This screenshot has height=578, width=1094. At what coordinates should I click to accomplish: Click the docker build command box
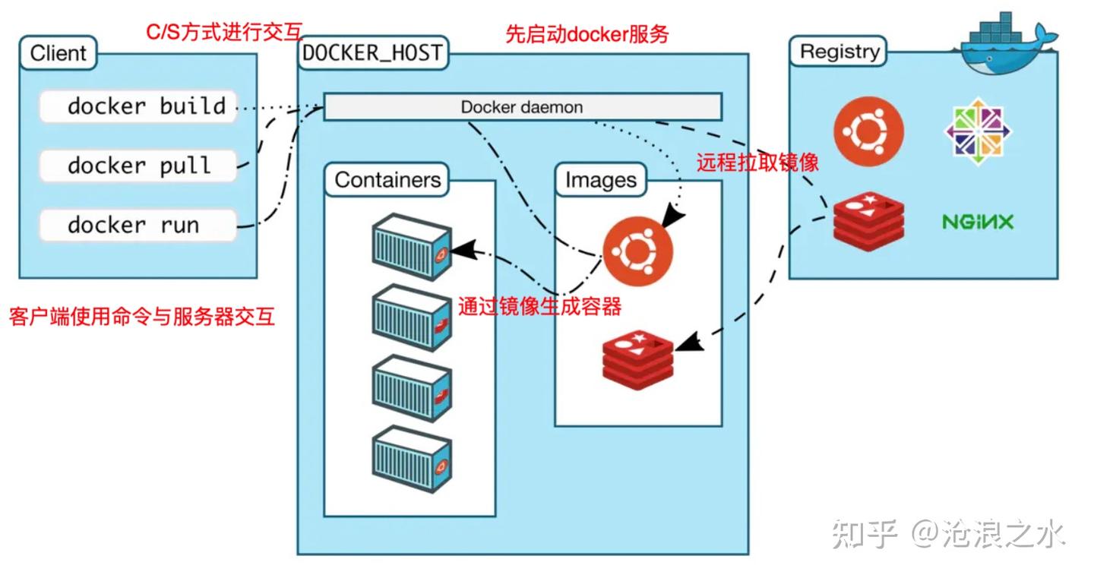coord(138,106)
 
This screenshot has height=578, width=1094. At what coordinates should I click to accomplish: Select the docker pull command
coord(138,166)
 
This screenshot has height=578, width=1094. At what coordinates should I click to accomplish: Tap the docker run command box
coord(138,225)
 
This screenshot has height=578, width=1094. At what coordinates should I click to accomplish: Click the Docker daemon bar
coord(522,107)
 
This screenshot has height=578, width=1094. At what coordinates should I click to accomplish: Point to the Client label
coord(58,53)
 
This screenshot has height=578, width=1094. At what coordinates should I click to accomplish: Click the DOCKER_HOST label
coord(372,53)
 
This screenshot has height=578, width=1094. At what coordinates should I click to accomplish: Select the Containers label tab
coord(387,180)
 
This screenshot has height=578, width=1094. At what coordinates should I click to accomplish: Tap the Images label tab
coord(600,181)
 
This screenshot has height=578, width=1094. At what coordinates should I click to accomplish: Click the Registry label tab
coord(839,52)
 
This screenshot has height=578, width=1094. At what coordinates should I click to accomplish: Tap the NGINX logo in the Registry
coord(977,222)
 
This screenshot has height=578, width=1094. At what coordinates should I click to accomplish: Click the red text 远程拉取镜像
coord(757,163)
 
